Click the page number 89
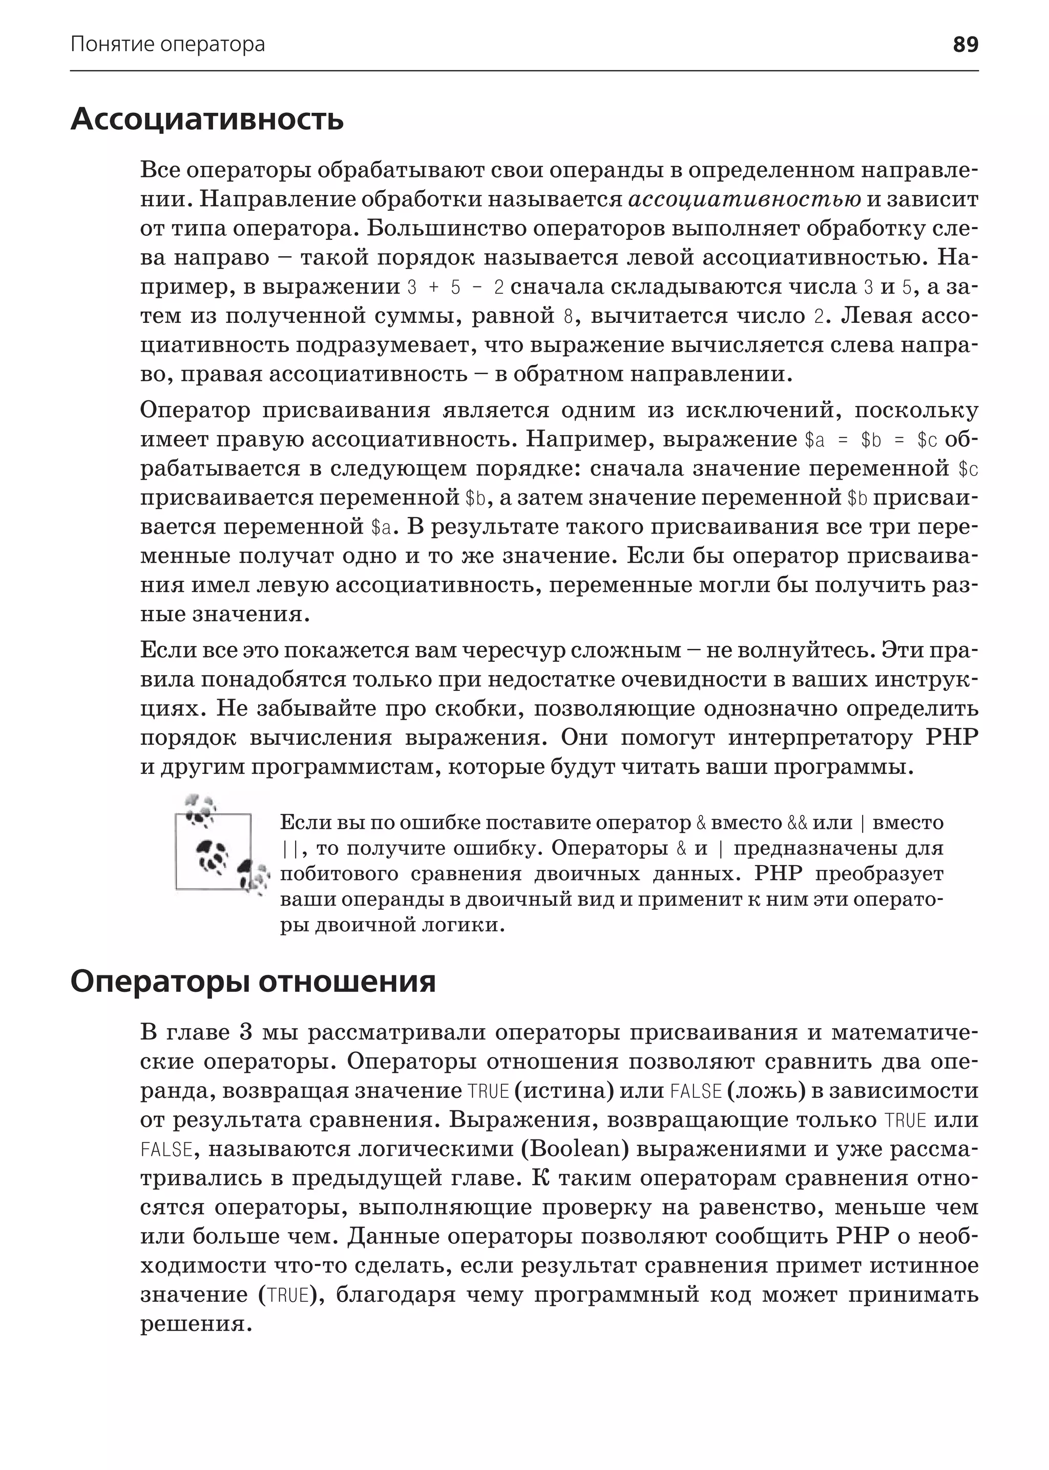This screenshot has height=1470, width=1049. [965, 44]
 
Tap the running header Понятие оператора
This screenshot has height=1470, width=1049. [167, 44]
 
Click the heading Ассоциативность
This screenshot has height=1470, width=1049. [207, 119]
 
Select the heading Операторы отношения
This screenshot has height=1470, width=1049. [253, 982]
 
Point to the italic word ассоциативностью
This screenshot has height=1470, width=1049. [744, 199]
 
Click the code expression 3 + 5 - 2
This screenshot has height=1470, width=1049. [455, 287]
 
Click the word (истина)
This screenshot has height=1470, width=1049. [563, 1091]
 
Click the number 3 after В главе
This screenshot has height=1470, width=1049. [245, 1032]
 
